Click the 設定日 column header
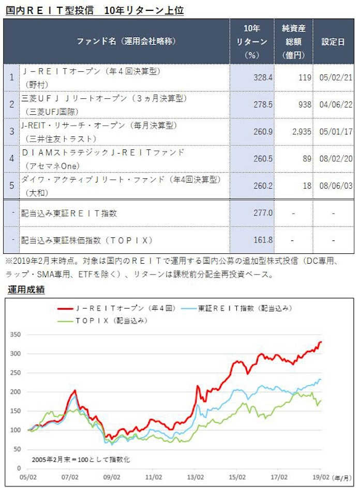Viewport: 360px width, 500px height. point(333,42)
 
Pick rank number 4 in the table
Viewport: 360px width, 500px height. point(11,159)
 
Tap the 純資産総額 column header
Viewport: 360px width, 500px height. point(293,41)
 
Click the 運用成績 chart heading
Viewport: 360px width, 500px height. point(26,290)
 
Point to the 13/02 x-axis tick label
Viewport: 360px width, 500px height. point(194,477)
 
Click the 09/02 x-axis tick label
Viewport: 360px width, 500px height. point(112,477)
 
